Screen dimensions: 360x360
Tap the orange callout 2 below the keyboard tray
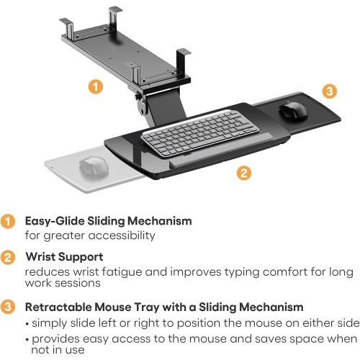(x=244, y=173)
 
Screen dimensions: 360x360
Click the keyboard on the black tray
(x=191, y=131)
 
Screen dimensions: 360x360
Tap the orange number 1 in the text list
(x=7, y=222)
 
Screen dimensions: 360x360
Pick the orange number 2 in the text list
(x=7, y=256)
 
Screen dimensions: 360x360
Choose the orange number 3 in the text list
(x=7, y=307)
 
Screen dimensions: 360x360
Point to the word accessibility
(x=125, y=235)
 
